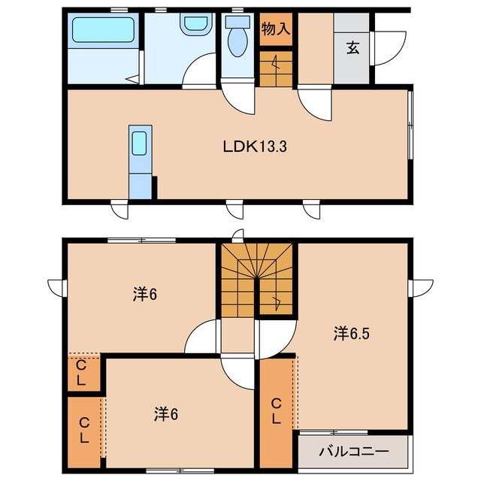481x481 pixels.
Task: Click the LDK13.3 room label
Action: point(255,147)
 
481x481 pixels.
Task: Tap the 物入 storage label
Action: point(276,29)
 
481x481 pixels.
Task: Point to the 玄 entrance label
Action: point(352,48)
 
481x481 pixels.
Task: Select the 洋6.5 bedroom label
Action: point(352,334)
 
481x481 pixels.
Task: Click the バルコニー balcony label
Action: point(354,452)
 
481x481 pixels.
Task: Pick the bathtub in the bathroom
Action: point(104,30)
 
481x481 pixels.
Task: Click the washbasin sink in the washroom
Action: point(195,23)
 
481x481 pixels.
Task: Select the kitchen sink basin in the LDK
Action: point(139,144)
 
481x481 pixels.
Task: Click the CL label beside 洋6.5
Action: point(277,411)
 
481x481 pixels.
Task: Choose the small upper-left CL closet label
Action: point(80,373)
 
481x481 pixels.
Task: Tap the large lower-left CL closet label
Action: point(84,431)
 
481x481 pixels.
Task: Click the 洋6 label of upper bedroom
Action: point(145,294)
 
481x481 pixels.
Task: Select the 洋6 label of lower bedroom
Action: point(166,414)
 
